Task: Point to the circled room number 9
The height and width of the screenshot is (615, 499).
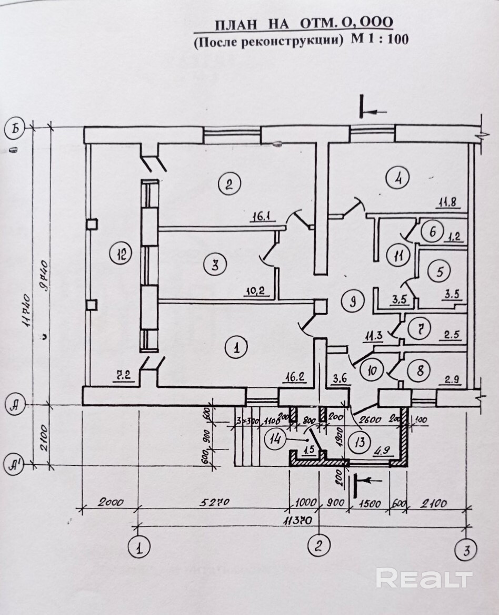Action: (x=353, y=301)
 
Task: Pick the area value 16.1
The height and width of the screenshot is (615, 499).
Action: (x=261, y=216)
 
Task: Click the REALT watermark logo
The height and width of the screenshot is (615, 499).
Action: (x=424, y=579)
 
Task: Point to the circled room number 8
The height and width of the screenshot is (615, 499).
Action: (x=420, y=370)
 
